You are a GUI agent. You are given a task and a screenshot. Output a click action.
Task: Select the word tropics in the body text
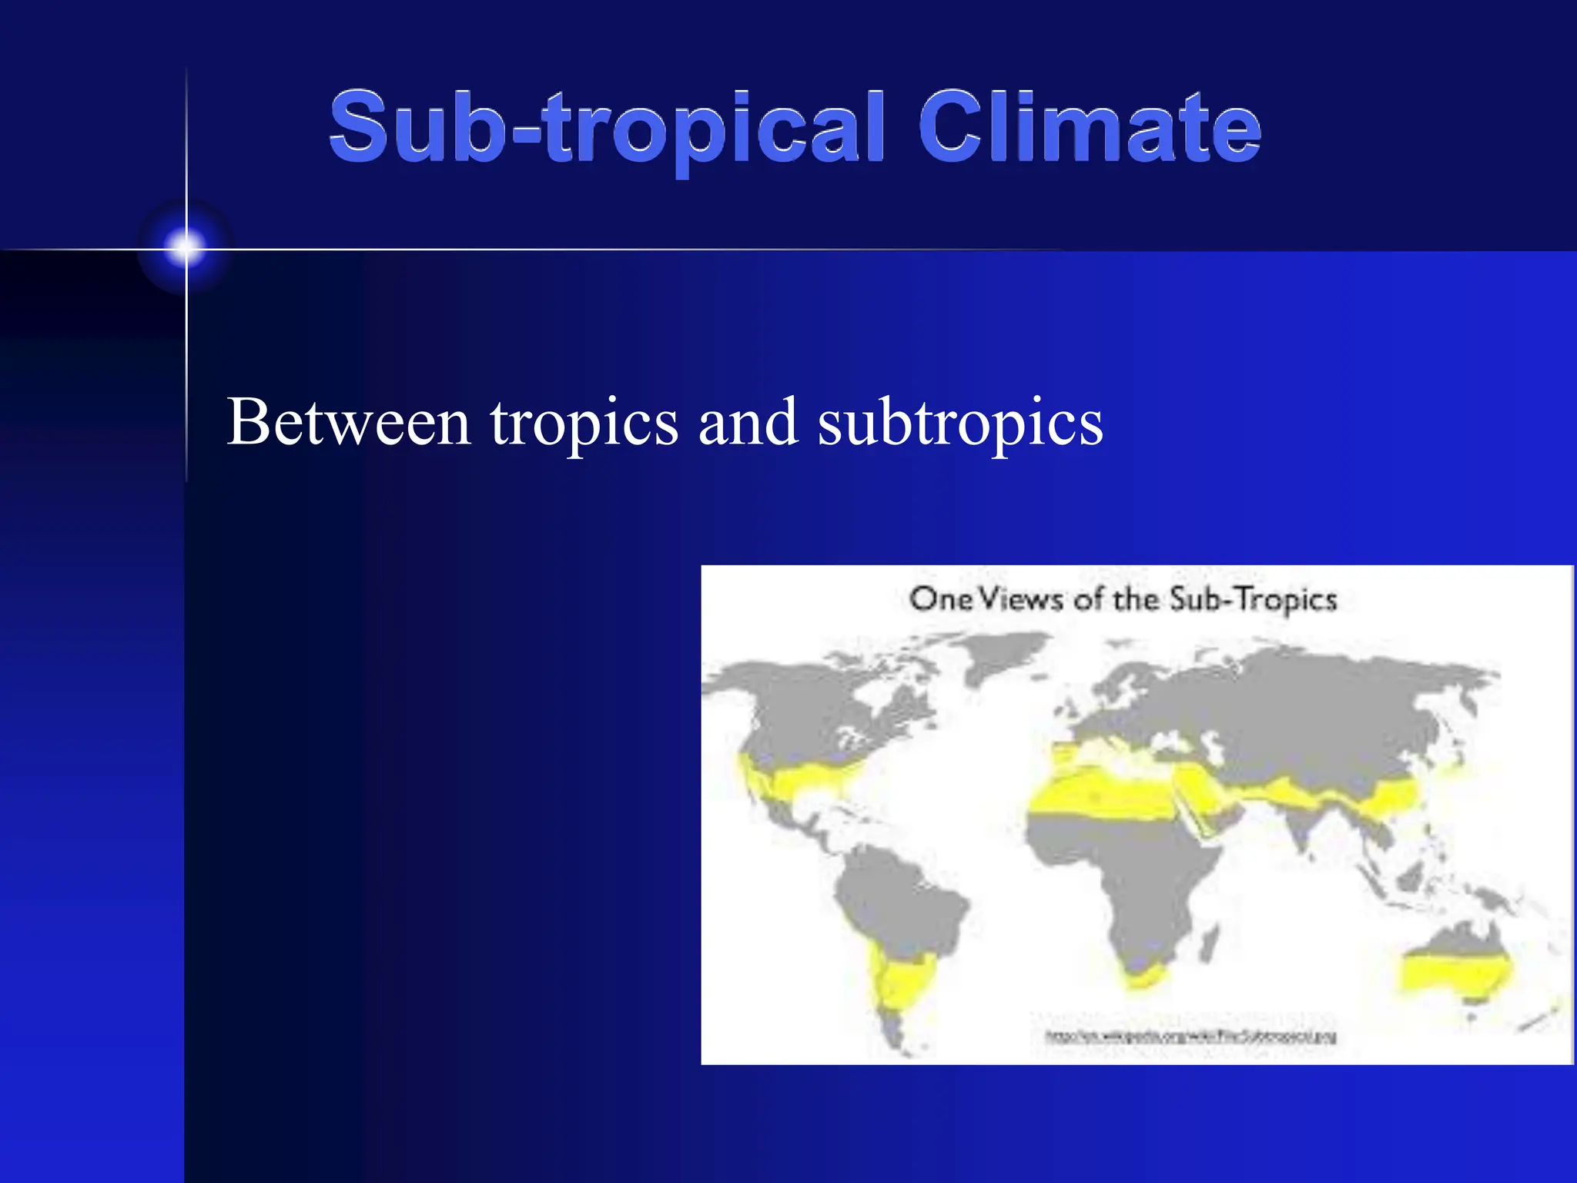(x=584, y=424)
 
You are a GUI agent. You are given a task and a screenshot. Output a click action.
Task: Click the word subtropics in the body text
(x=960, y=424)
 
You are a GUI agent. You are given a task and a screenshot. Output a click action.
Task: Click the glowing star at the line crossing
(x=186, y=248)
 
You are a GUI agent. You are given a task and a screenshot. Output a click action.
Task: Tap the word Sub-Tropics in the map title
(x=1253, y=600)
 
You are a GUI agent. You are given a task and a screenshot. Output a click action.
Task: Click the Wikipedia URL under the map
(x=1190, y=1037)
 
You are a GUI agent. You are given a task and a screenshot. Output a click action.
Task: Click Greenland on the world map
(x=1001, y=655)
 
